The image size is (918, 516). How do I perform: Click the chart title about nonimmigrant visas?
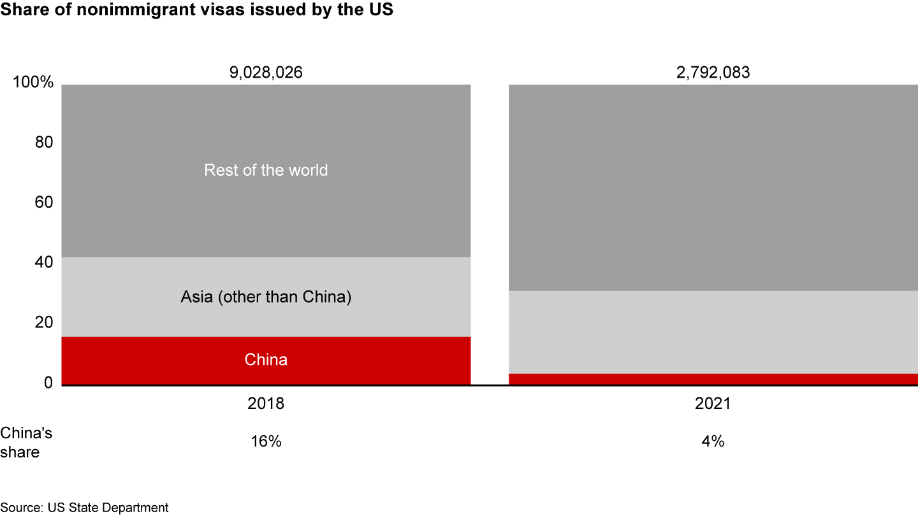coord(197,12)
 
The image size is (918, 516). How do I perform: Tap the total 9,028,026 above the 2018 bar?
coord(266,73)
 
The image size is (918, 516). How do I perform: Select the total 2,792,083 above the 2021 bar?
coord(713,73)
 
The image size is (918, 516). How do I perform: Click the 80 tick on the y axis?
coord(43,143)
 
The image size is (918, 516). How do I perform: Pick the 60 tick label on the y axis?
coord(43,203)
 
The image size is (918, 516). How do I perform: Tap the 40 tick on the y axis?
coord(43,262)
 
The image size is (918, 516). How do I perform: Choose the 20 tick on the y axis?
coord(43,322)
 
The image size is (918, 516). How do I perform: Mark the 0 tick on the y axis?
coord(48,382)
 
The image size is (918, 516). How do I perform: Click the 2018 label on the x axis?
coord(266,404)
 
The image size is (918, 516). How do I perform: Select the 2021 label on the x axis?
coord(713,404)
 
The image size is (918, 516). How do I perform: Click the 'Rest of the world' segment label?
coord(266,170)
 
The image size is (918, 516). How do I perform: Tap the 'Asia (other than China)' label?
coord(266,297)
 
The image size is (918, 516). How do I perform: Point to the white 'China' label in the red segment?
coord(266,360)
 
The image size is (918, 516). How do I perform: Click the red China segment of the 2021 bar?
coord(713,379)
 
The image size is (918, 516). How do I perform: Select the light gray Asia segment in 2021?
coord(713,332)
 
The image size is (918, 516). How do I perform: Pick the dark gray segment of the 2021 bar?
coord(713,187)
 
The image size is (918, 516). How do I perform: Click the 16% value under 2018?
coord(266,441)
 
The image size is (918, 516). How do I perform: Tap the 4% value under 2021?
coord(713,441)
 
